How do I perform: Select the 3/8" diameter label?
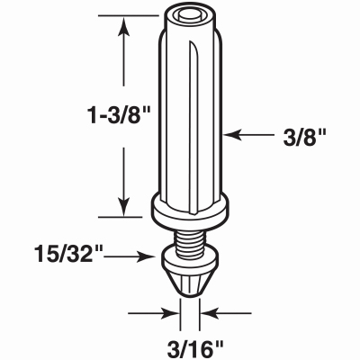305,138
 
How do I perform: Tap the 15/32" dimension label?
68,255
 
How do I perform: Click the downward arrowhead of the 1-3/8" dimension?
123,206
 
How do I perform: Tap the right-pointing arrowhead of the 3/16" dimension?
170,313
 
